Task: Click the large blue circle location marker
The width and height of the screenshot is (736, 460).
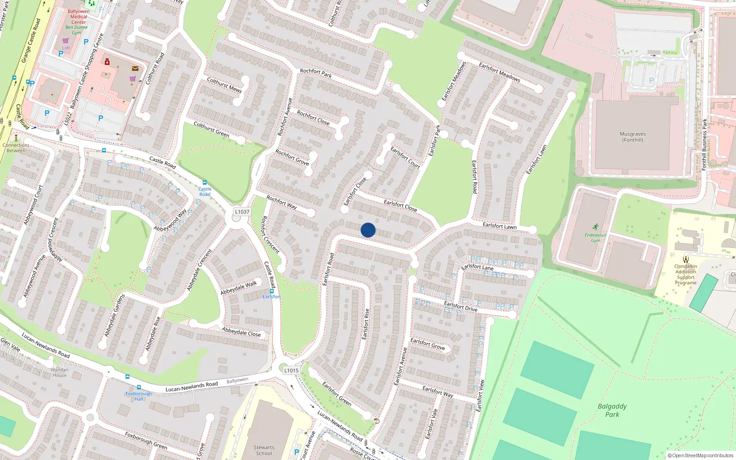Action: pos(368,230)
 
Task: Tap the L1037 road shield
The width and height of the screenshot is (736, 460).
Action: pos(242,212)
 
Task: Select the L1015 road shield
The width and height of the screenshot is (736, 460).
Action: pos(291,370)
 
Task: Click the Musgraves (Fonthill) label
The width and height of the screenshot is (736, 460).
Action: pos(632,137)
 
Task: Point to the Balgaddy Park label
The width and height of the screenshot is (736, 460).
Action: pos(612,410)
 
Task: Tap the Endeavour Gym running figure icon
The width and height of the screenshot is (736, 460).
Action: pos(596,227)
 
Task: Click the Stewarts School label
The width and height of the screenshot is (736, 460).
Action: pos(264,450)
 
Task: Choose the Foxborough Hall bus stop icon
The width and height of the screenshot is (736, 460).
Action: pos(139,387)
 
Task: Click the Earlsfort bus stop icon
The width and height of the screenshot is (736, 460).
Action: pos(272,291)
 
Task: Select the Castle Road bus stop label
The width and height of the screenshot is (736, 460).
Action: pos(205,191)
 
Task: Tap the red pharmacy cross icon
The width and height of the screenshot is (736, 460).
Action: pos(107,62)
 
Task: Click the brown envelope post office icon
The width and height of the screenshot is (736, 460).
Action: pos(135,69)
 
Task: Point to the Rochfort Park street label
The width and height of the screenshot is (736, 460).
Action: pos(316,73)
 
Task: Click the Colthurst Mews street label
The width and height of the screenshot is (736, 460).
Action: pos(224,85)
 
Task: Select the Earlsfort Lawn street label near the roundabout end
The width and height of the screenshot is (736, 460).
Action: pos(499,226)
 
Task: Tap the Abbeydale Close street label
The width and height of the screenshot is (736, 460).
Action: pos(241,332)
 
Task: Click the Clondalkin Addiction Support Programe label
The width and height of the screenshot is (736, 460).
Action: pos(685,275)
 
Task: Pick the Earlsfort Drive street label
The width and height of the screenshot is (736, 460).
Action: pos(460,306)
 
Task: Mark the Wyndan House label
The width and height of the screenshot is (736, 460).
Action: pos(59,373)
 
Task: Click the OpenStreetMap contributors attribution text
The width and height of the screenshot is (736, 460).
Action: pos(701,455)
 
